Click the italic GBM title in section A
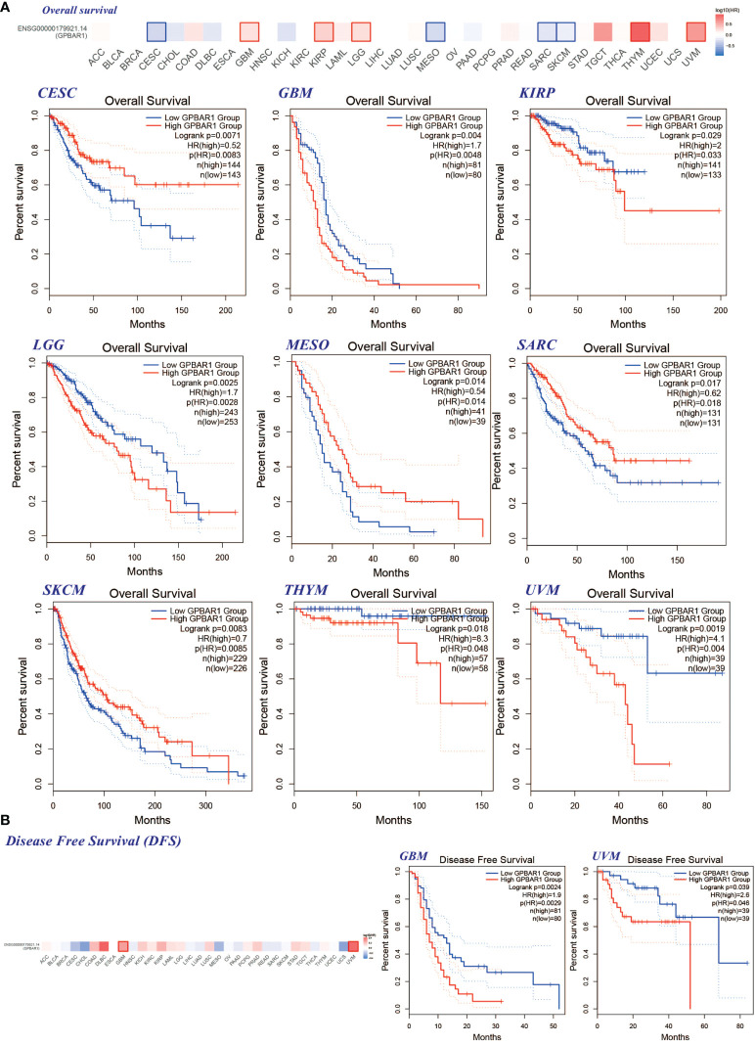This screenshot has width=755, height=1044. click(x=303, y=95)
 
